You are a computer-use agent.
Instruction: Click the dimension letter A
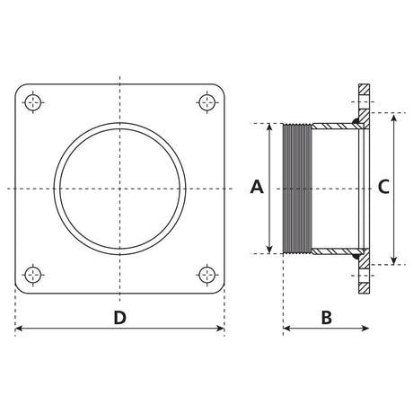[x=257, y=187]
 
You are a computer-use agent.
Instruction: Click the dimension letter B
[x=327, y=318]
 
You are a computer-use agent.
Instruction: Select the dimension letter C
[x=383, y=187]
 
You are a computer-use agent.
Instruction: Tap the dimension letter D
[x=119, y=318]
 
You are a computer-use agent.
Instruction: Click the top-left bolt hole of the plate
[x=32, y=102]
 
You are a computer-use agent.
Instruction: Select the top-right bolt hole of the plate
[x=206, y=102]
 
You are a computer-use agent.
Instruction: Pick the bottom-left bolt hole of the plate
[x=32, y=275]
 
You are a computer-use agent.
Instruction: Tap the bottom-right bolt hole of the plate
[x=206, y=275]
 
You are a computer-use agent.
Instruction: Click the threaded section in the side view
[x=297, y=189]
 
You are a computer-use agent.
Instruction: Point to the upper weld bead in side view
[x=356, y=121]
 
